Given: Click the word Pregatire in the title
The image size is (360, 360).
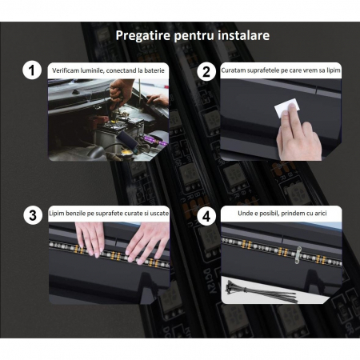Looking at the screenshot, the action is tap(143, 36).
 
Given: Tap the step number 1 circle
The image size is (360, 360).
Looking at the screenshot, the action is tap(32, 70).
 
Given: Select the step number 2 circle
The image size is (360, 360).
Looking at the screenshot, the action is tap(206, 72).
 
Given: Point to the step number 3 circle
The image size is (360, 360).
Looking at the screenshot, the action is tap(33, 215).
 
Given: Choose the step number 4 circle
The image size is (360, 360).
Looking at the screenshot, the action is tap(206, 216).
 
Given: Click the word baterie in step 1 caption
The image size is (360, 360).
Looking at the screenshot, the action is tap(154, 70).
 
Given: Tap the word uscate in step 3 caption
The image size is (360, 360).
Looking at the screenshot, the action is tap(159, 214).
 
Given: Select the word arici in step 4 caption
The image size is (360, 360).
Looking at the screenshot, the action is tap(321, 213).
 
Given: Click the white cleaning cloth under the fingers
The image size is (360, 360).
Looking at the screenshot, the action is tap(286, 108).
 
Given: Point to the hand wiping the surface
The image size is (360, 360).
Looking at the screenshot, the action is tap(298, 134).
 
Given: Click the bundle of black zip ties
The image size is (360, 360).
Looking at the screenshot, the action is tap(262, 291).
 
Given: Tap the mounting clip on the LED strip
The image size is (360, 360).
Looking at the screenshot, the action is tap(298, 254).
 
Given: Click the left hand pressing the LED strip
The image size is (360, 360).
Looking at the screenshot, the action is tap(90, 238).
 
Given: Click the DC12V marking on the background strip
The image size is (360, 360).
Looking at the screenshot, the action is tap(209, 281).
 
